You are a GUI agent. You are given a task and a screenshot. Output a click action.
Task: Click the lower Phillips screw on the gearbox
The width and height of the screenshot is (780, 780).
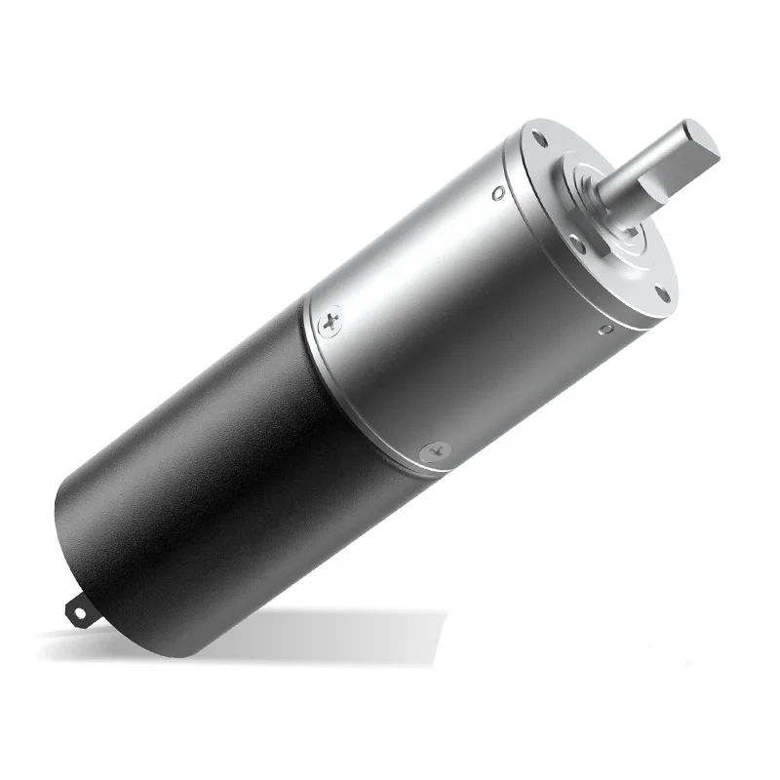[x=434, y=451]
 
